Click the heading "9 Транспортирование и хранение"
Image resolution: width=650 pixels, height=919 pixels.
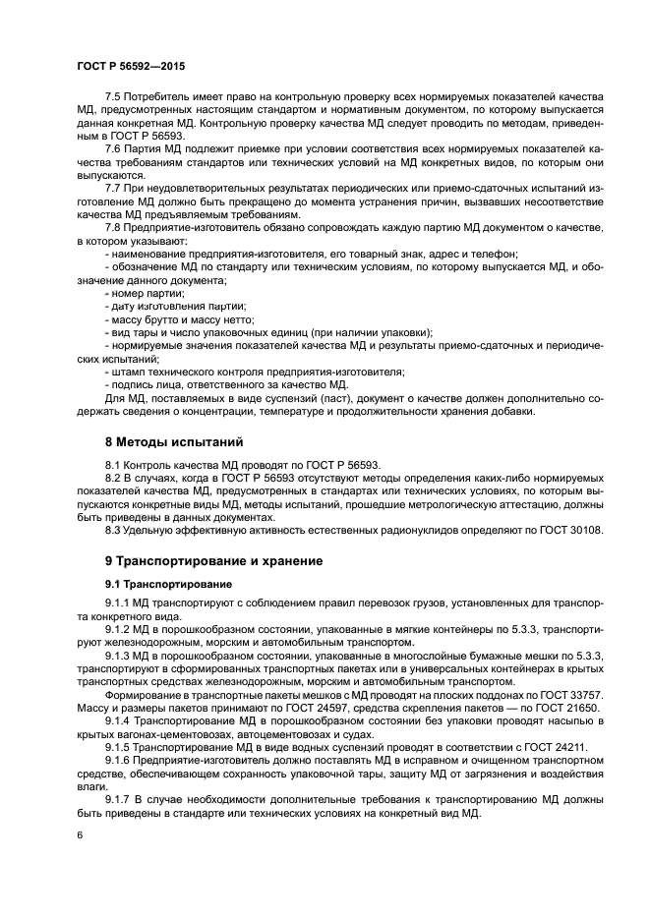[211, 561]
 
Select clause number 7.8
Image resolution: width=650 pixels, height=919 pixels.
[114, 227]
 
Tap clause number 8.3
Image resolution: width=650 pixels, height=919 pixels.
[114, 530]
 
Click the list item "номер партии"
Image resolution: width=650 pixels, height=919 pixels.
[148, 292]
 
